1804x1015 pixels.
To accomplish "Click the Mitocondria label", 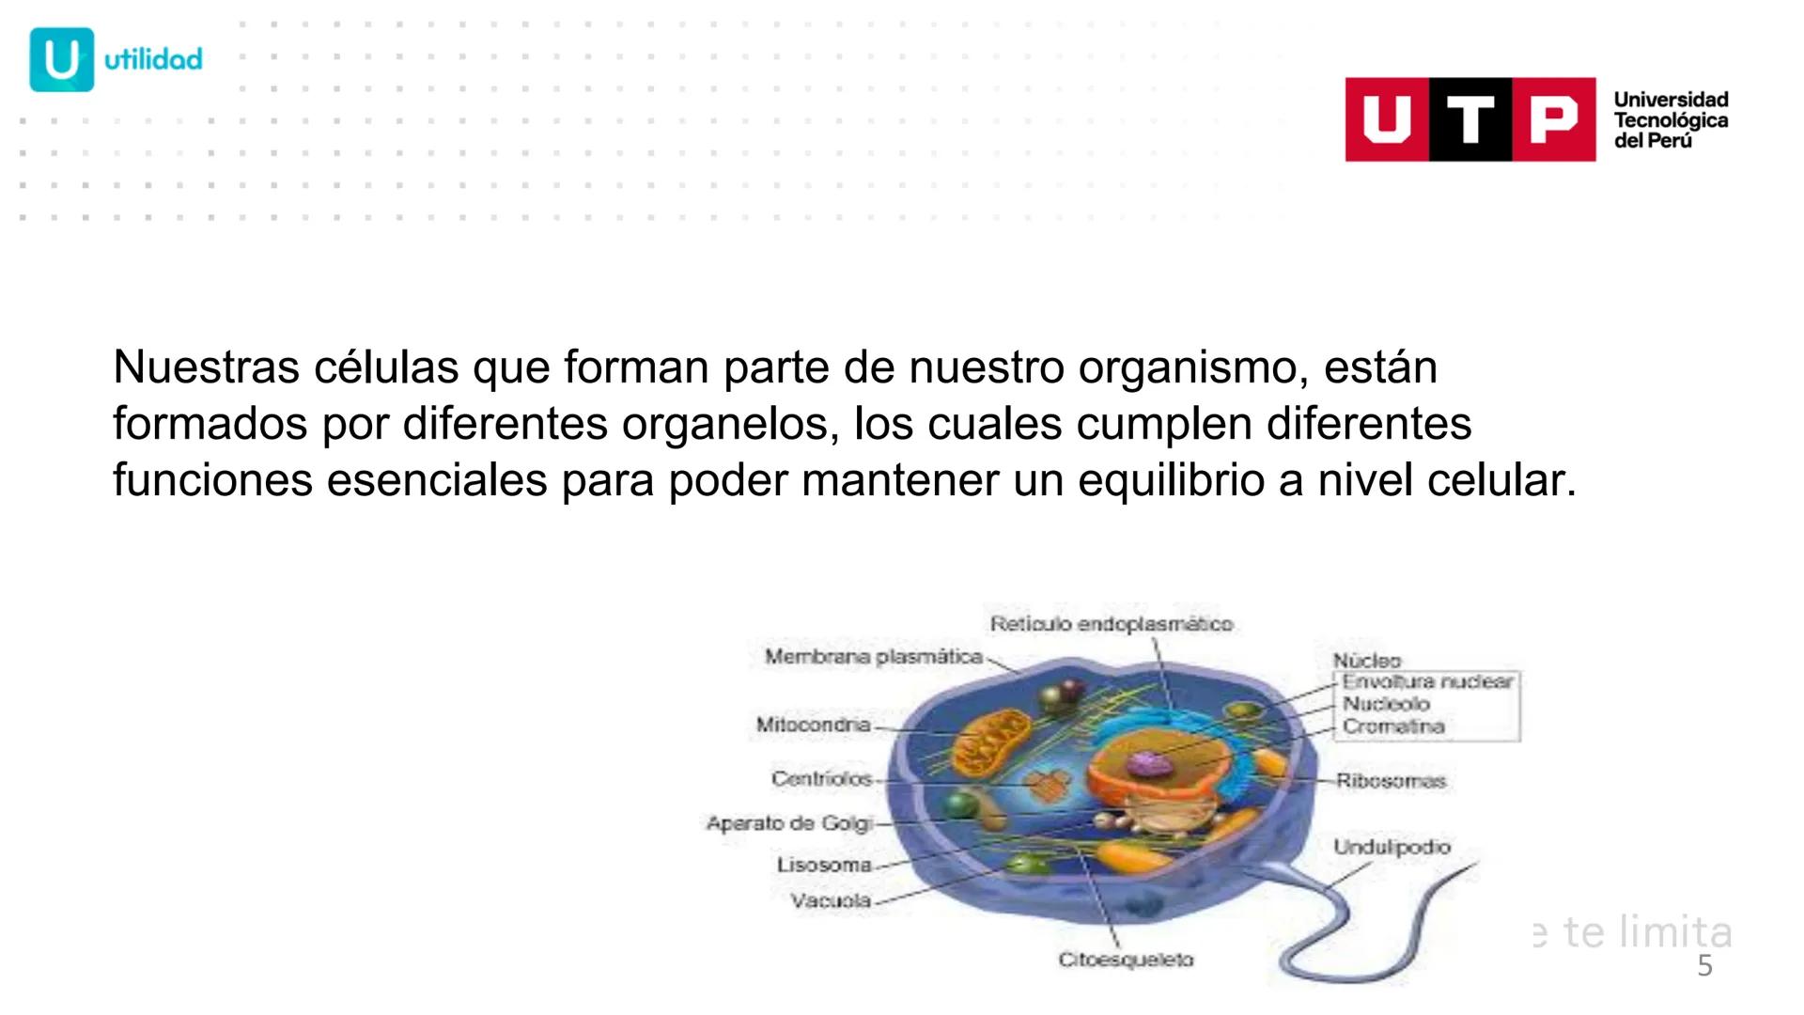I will [x=813, y=725].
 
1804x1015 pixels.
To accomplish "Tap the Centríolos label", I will [x=821, y=778].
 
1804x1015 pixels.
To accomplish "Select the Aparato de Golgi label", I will [x=788, y=823].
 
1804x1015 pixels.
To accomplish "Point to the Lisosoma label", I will [x=823, y=864].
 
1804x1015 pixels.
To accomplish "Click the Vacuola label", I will [x=830, y=900].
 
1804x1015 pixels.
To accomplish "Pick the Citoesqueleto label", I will [x=1126, y=960].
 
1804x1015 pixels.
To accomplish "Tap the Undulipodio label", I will [x=1392, y=847].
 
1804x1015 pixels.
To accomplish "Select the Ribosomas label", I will [x=1391, y=780].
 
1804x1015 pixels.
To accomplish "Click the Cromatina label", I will [x=1392, y=726].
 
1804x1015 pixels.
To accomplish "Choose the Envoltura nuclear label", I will [x=1427, y=681].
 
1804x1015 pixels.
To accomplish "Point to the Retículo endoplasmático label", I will [x=1111, y=624].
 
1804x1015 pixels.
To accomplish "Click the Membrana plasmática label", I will [x=873, y=657].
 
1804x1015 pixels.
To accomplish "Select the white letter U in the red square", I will [x=1387, y=120].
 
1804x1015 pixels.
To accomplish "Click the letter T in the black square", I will [x=1470, y=120].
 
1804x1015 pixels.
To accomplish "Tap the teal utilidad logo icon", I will [x=62, y=59].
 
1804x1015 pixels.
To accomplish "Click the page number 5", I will [x=1704, y=966].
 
